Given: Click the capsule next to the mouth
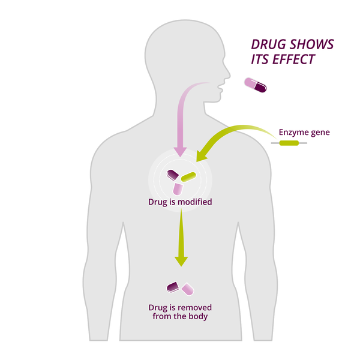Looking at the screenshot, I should [x=255, y=85].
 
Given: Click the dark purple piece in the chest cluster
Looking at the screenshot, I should [x=173, y=175].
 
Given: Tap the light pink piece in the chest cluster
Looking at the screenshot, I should [x=178, y=188].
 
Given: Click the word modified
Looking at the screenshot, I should [x=193, y=202].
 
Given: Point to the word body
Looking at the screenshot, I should [x=198, y=316].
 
